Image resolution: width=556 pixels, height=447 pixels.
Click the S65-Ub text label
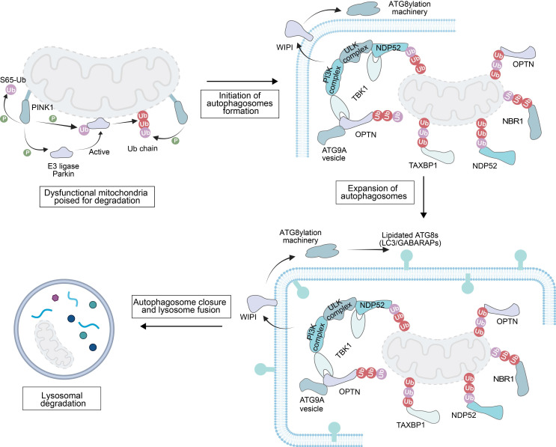pos(13,80)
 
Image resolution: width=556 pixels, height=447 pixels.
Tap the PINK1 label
pos(43,107)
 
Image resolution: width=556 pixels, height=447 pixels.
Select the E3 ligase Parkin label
pos(64,170)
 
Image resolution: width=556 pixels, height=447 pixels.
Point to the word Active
pos(99,152)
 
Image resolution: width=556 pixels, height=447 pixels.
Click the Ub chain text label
pos(142,149)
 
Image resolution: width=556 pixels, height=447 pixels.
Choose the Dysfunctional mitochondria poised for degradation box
pos(97,196)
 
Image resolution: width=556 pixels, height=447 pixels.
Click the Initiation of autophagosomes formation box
pos(239,103)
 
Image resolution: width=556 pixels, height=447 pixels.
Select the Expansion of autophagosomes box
pos(375,192)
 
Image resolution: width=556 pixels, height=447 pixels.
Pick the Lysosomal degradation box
pos(61,399)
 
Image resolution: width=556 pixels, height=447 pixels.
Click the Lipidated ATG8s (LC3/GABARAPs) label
pos(410,239)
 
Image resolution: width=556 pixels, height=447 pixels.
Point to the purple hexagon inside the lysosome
pos(55,298)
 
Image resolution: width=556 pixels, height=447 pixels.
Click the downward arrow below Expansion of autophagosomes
pos(423,197)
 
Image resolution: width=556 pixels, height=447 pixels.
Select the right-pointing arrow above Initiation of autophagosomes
pos(242,82)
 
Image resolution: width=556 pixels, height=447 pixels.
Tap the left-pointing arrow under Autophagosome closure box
pos(181,326)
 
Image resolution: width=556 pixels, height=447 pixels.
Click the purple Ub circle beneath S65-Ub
pos(11,90)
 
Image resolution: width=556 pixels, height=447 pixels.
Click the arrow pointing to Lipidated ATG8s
pos(368,250)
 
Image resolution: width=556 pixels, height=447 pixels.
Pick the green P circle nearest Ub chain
pos(175,142)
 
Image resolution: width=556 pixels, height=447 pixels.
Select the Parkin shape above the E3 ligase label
pos(61,153)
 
